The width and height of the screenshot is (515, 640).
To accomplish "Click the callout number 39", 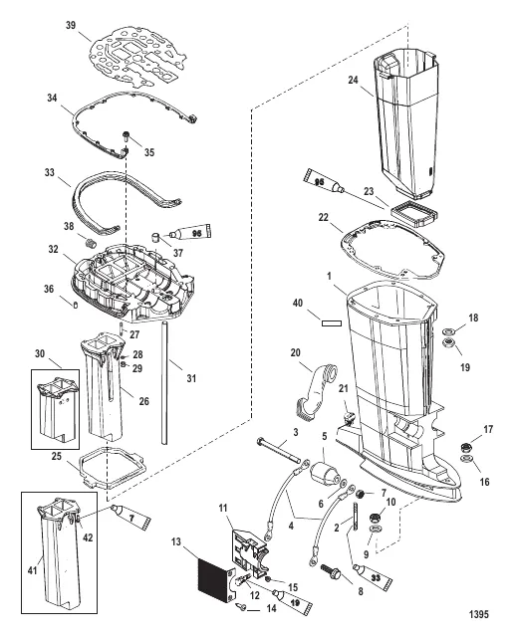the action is pos(71,25).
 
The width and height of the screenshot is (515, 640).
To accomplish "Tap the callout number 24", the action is pos(353,80).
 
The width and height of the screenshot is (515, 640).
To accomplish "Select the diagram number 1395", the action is pos(478,614).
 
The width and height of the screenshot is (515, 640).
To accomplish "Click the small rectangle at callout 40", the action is pos(332,323).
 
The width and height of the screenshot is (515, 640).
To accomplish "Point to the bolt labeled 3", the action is pos(278,451).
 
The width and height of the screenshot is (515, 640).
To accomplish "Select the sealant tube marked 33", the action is pos(373,575).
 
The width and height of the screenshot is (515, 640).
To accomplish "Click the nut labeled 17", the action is pos(464,446).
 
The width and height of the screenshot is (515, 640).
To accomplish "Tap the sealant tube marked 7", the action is pos(130,516).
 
